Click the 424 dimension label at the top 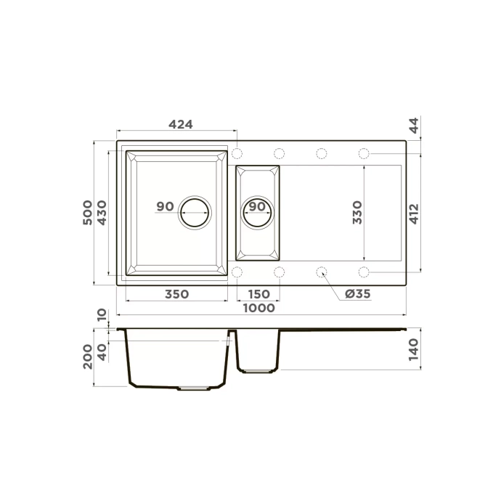[180, 124]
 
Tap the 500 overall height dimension [87, 213]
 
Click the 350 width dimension [176, 294]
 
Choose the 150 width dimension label [258, 294]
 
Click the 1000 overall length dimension [258, 308]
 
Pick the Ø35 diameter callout [358, 294]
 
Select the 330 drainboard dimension [357, 212]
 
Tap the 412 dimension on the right [414, 213]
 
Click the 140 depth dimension [414, 350]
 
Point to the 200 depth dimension [87, 357]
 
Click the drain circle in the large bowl [195, 212]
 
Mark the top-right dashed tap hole [364, 153]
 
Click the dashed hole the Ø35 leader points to [322, 272]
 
